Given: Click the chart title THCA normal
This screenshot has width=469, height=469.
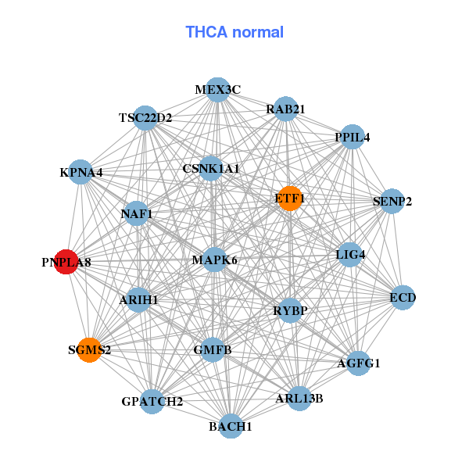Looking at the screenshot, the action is [x=234, y=32].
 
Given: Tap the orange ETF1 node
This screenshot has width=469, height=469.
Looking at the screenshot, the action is [x=289, y=199].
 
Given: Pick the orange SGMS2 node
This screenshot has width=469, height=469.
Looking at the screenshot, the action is [x=89, y=349].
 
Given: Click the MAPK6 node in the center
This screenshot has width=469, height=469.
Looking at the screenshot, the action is [x=214, y=260].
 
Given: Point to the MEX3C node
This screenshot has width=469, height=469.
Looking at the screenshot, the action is [x=218, y=90].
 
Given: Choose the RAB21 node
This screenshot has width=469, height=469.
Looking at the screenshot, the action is [x=285, y=109].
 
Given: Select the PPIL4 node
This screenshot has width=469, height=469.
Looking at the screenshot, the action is [x=353, y=137].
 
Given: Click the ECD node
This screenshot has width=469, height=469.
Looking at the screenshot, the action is [x=403, y=297].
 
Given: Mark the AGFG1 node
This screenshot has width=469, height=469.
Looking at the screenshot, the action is [x=358, y=363].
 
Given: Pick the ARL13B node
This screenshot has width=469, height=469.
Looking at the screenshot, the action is [x=299, y=398].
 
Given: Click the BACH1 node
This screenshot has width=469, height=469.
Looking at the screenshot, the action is [x=231, y=426].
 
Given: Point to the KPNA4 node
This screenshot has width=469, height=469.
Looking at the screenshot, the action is [x=81, y=172].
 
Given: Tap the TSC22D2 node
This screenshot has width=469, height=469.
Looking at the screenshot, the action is [x=145, y=118].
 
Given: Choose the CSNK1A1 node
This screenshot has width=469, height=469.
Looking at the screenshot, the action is [x=211, y=168].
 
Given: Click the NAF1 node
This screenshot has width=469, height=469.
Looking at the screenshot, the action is [x=137, y=213].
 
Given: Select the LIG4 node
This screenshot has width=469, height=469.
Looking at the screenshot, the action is [x=350, y=254].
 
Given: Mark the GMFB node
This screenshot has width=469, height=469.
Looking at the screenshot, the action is [x=213, y=349].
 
